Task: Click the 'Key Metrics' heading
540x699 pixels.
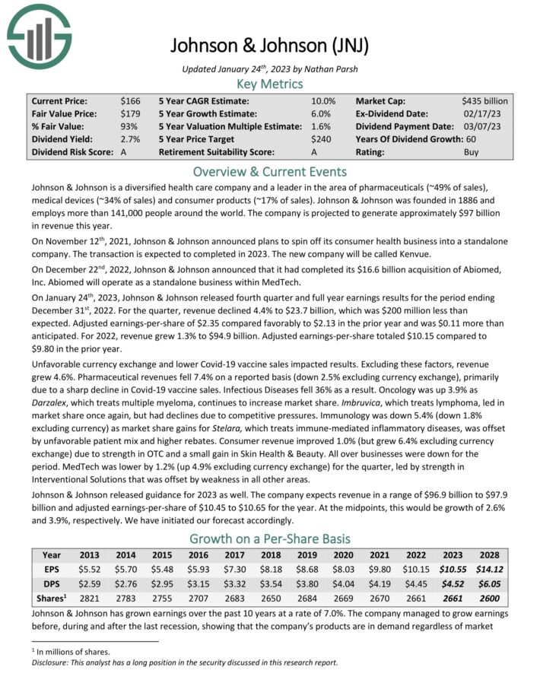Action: (269, 84)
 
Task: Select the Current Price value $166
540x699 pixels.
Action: (131, 100)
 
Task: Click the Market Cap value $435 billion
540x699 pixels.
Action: (484, 100)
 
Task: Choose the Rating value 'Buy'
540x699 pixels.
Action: (472, 152)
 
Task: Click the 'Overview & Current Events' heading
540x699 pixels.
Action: (269, 171)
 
